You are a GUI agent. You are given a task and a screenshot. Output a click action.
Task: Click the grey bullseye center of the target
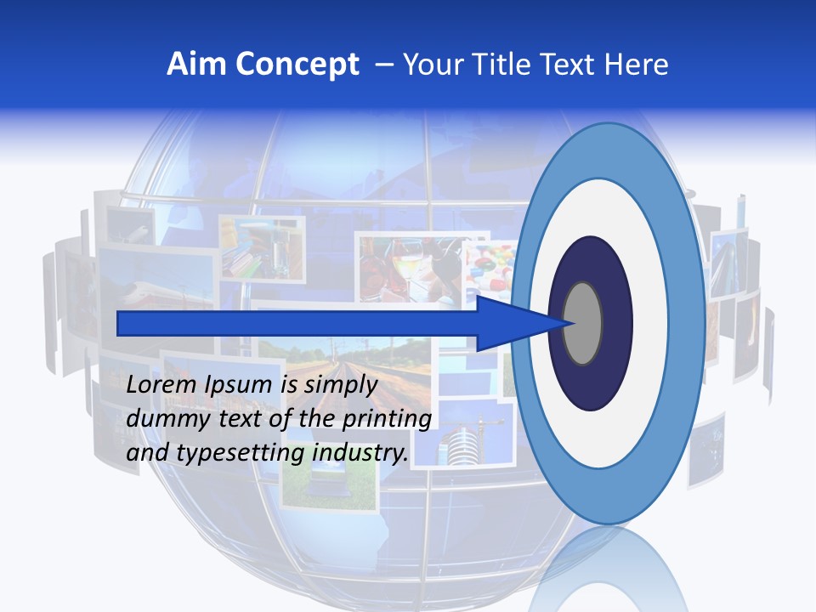(x=582, y=323)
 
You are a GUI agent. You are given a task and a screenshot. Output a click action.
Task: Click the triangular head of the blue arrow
(x=518, y=323)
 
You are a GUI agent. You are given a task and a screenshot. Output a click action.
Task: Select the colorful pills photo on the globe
(x=490, y=268)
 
